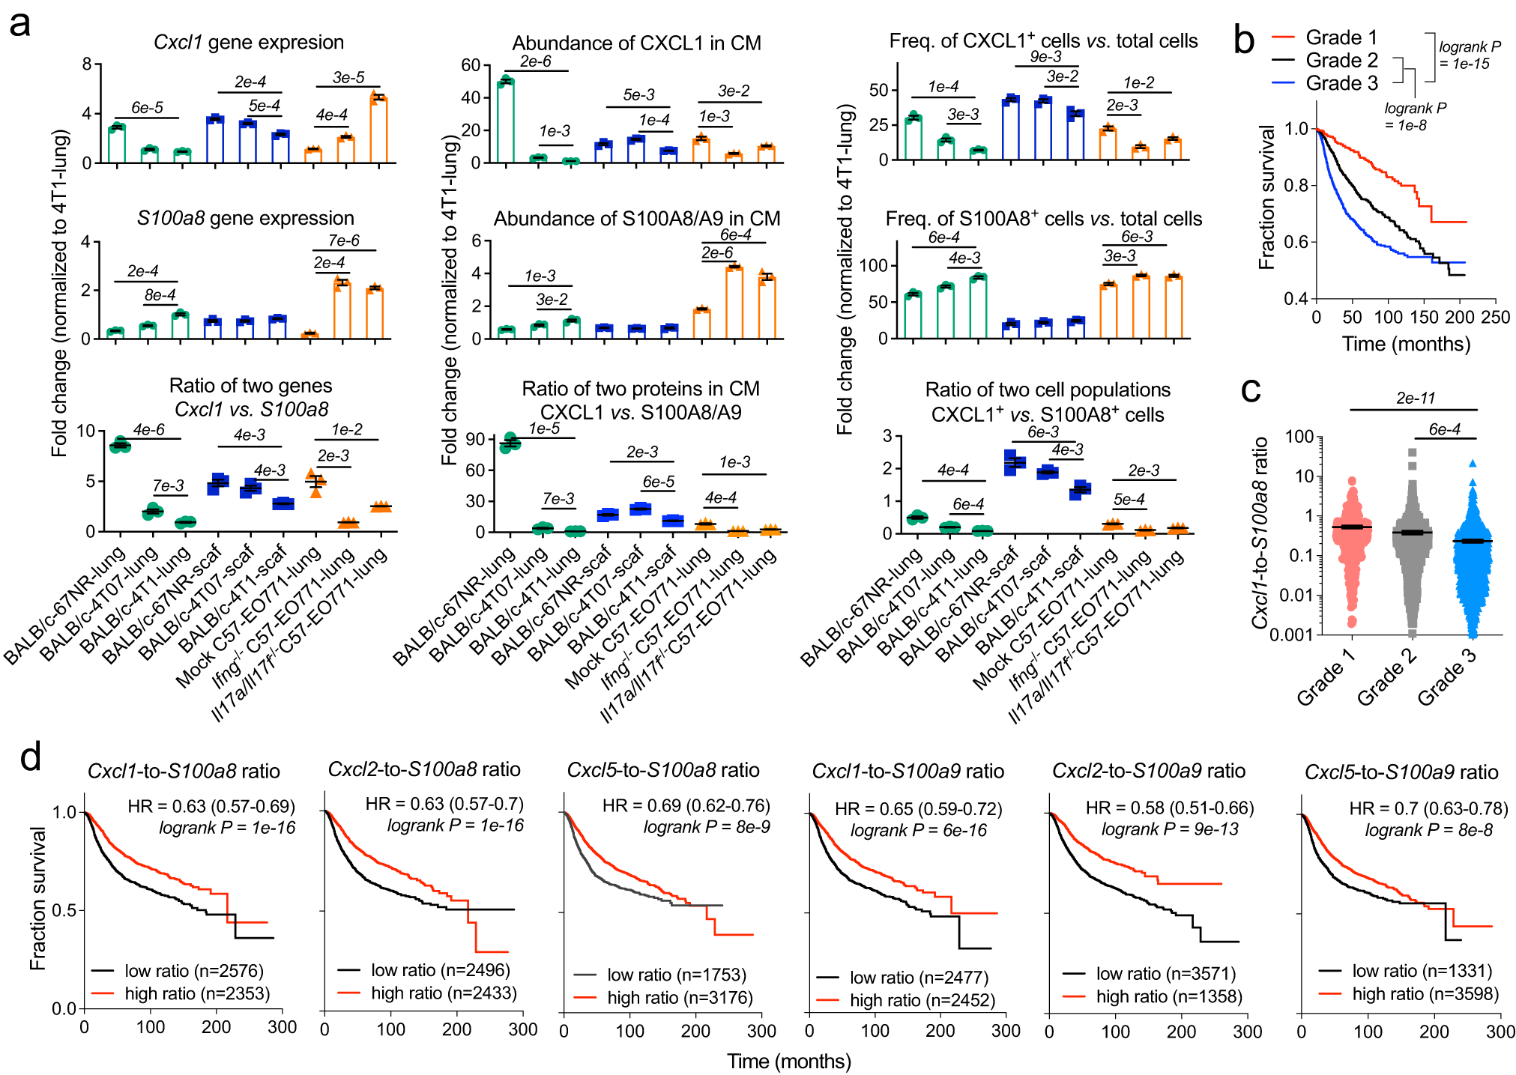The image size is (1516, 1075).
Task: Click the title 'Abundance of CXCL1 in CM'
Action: [x=636, y=43]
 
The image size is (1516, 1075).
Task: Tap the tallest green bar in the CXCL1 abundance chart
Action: [x=506, y=120]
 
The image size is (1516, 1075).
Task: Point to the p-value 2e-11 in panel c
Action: [x=1415, y=398]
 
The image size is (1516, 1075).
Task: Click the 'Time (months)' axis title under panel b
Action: [x=1406, y=344]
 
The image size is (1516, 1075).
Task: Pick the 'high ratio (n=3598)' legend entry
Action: [x=1425, y=993]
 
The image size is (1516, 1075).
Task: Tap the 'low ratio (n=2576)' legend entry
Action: [x=193, y=971]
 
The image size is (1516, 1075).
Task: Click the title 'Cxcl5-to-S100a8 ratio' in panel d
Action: [x=662, y=770]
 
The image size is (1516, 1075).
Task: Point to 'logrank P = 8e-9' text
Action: [x=707, y=827]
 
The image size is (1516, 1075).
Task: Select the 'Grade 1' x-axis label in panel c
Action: [x=1326, y=677]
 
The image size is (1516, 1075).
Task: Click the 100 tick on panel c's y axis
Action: [x=1299, y=437]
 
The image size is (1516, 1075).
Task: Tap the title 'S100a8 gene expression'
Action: [x=245, y=218]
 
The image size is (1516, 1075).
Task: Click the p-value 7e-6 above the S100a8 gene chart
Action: [x=343, y=240]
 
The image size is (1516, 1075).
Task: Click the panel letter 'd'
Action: [x=30, y=757]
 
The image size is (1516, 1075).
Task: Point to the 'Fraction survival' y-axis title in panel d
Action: [x=37, y=898]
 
